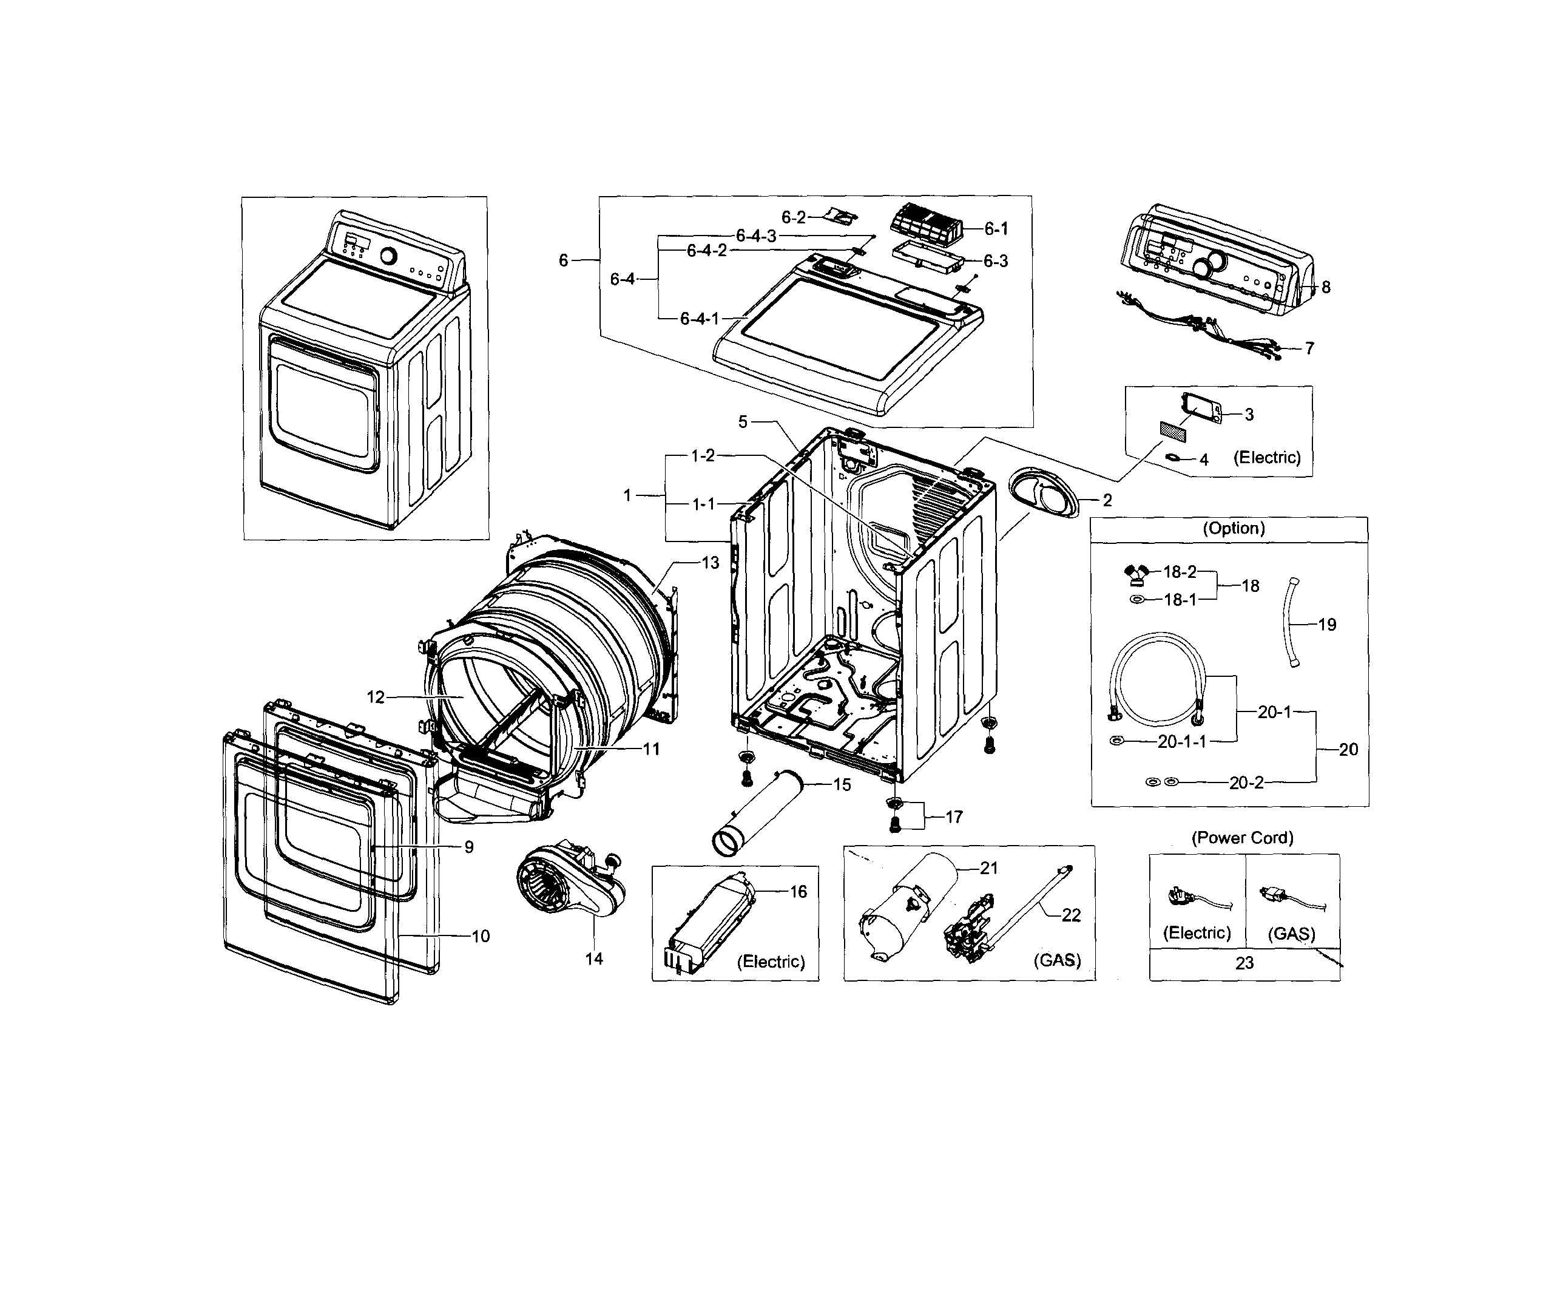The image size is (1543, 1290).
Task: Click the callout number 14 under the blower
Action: (593, 959)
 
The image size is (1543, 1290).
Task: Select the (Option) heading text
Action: (1233, 529)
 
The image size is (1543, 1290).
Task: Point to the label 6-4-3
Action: (756, 236)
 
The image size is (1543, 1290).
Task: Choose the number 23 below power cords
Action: (1244, 963)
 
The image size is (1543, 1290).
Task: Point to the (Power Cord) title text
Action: (1243, 837)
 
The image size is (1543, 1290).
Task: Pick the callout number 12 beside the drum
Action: (376, 697)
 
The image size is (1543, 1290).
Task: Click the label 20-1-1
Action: (1181, 742)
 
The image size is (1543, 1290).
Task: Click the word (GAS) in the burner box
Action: (1056, 960)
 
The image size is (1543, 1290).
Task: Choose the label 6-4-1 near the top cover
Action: (699, 319)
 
